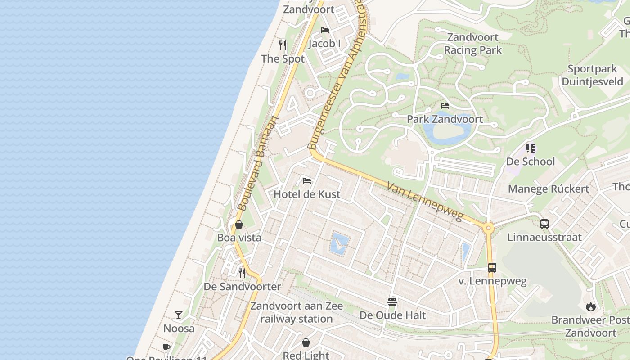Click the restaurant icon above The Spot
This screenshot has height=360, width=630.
pyautogui.click(x=283, y=45)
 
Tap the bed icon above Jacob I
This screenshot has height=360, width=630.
pyautogui.click(x=325, y=30)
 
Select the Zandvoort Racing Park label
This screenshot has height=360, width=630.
pyautogui.click(x=472, y=44)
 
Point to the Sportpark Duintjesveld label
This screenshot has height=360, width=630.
pyautogui.click(x=592, y=75)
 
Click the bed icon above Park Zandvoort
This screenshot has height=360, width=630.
pyautogui.click(x=445, y=106)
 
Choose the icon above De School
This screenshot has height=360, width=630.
pyautogui.click(x=531, y=148)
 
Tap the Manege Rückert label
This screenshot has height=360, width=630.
pyautogui.click(x=549, y=189)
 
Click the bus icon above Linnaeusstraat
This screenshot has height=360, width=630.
pyautogui.click(x=544, y=224)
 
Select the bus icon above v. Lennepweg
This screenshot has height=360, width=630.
pyautogui.click(x=492, y=268)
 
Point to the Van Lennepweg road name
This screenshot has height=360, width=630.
pyautogui.click(x=424, y=201)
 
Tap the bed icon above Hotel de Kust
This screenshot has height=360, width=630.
pyautogui.click(x=307, y=181)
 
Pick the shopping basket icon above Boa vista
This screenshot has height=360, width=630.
pyautogui.click(x=239, y=224)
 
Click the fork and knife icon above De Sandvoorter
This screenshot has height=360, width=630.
pyautogui.click(x=242, y=273)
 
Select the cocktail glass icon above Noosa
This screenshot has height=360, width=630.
pyautogui.click(x=179, y=315)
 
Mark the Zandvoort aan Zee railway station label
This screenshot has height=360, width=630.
pyautogui.click(x=297, y=312)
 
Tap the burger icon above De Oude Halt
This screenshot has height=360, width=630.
pyautogui.click(x=392, y=301)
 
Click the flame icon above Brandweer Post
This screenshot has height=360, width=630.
pyautogui.click(x=590, y=306)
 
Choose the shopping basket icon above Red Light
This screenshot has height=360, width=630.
pyautogui.click(x=306, y=342)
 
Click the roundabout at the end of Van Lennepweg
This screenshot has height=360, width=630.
pyautogui.click(x=488, y=228)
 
